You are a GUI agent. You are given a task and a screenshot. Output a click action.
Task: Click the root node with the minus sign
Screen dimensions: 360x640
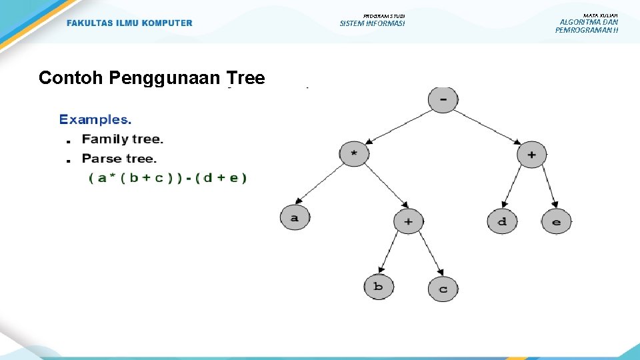click(443, 101)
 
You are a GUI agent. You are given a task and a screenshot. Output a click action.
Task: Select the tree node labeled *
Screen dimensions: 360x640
click(354, 154)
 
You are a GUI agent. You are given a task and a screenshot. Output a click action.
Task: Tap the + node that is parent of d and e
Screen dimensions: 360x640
click(531, 154)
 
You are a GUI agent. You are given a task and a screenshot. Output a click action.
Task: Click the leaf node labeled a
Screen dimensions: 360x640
click(295, 217)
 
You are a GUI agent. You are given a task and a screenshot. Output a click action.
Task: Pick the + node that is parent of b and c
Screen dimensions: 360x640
click(408, 221)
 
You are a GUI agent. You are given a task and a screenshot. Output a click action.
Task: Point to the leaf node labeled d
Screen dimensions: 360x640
click(502, 221)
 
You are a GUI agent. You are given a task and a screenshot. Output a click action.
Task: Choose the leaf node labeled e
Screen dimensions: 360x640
click(556, 221)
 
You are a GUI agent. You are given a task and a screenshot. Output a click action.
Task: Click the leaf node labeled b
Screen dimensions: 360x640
click(378, 287)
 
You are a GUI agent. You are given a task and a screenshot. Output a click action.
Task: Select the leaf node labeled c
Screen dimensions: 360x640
click(443, 289)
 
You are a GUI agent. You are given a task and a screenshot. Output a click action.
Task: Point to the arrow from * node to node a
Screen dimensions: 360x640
click(324, 185)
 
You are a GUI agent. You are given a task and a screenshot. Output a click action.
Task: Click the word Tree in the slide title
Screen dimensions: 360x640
click(245, 78)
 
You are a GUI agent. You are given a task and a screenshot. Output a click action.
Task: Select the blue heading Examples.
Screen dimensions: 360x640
click(95, 120)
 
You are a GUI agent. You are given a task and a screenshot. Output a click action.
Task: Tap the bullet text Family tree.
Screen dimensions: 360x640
click(122, 139)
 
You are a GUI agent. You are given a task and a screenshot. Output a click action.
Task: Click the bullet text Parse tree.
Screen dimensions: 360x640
click(119, 159)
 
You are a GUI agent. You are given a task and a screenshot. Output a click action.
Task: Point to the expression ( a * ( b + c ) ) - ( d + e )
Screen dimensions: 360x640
click(167, 178)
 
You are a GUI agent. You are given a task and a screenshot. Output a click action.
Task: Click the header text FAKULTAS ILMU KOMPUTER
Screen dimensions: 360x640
click(129, 23)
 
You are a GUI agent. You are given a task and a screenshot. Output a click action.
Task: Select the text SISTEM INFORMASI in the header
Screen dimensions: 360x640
click(372, 24)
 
